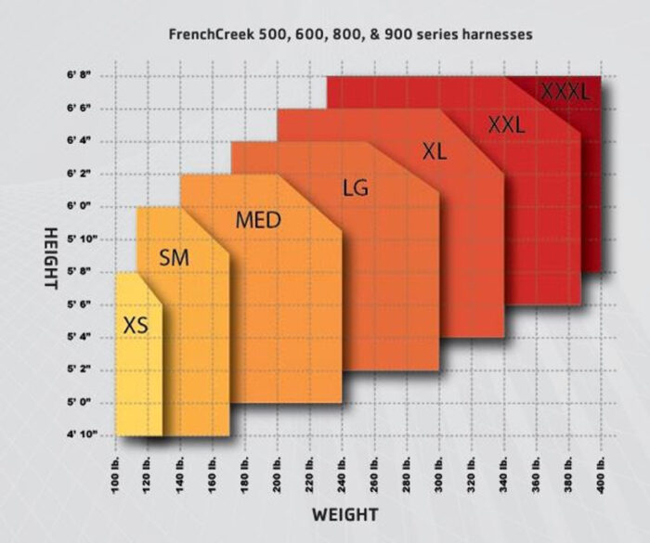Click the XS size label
pos(136,326)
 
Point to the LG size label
pos(355,187)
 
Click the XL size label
pos(434,151)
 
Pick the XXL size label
pos(506,124)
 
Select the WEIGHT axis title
pos(344,513)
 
